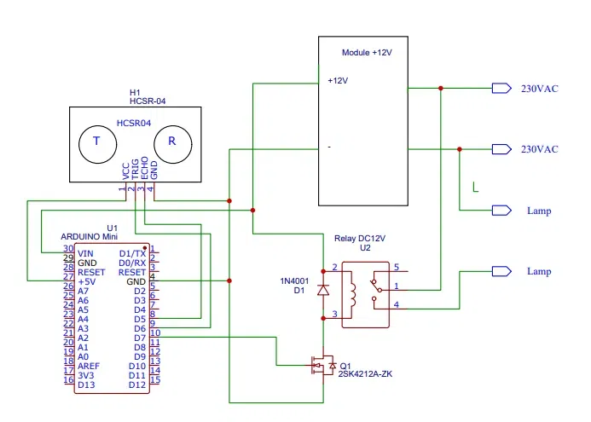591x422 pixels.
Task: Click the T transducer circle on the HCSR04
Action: click(96, 143)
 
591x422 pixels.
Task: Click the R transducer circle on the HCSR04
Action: click(171, 143)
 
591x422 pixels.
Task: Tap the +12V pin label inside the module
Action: click(338, 81)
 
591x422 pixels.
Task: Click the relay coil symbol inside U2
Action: click(350, 292)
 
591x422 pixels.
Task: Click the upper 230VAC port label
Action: click(539, 89)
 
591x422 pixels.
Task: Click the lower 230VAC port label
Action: click(539, 149)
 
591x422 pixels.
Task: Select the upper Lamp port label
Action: click(539, 211)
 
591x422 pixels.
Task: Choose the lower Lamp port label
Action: click(539, 271)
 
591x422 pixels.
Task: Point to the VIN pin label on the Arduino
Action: click(85, 253)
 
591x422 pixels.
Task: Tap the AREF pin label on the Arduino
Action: click(89, 365)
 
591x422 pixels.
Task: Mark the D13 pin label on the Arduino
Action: click(86, 384)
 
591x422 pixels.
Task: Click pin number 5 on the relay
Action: click(396, 267)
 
